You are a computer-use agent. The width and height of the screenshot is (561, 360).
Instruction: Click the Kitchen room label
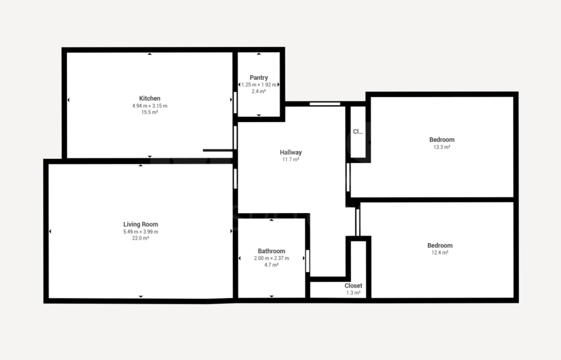click(149, 98)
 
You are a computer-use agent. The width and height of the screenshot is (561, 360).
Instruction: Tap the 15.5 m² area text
click(149, 112)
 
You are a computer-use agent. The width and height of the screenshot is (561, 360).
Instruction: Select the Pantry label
click(258, 77)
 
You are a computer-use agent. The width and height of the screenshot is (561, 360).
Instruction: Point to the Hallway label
click(290, 152)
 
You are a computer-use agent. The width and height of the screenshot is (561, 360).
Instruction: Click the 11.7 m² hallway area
click(290, 159)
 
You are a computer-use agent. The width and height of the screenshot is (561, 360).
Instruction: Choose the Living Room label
click(140, 224)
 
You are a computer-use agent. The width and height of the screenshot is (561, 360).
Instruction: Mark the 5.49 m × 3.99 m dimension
click(140, 231)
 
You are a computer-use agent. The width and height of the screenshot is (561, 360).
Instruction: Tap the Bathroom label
click(271, 251)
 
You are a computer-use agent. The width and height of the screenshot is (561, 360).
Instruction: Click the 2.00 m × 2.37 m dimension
click(271, 258)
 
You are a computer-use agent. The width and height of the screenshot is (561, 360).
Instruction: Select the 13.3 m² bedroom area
click(442, 147)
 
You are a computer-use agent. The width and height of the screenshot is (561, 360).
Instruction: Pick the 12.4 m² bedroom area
click(440, 252)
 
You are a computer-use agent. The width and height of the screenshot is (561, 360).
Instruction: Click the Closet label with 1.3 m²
click(353, 286)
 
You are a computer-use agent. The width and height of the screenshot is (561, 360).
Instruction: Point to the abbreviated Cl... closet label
click(357, 132)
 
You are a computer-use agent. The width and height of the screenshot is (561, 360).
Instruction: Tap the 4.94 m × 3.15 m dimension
click(149, 105)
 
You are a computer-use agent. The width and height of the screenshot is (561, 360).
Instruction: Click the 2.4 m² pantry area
click(258, 91)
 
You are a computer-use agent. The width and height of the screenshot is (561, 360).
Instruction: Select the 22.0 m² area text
click(140, 238)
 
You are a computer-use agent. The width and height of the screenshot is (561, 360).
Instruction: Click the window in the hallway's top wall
click(324, 104)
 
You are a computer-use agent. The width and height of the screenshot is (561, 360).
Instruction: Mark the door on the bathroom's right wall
click(307, 260)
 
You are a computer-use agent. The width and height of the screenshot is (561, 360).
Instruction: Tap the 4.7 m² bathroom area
click(271, 265)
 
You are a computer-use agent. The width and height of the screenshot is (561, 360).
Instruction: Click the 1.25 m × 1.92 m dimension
click(258, 84)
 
